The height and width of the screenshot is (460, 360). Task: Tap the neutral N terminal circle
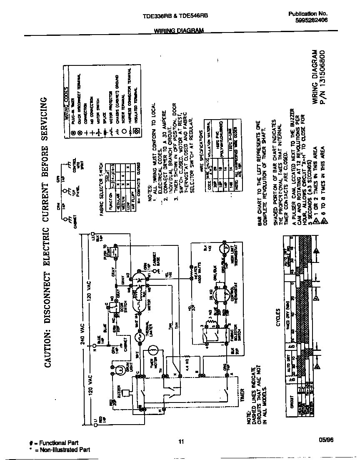(95, 345)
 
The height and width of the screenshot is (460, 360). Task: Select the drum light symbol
(119, 369)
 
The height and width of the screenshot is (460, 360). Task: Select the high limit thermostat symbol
(226, 250)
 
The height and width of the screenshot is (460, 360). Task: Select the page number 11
(181, 442)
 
